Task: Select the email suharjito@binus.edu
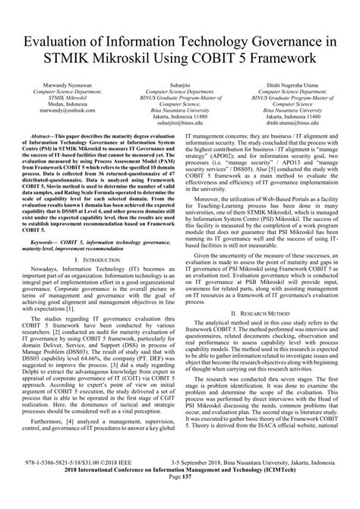(180, 141)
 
